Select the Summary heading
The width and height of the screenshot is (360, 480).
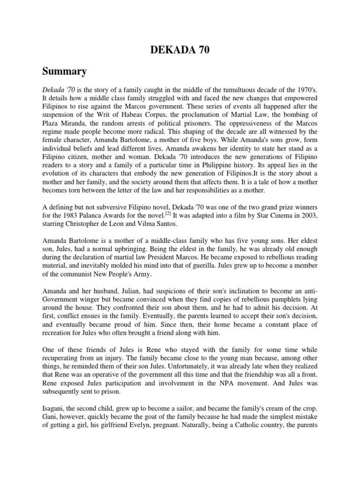pos(65,72)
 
